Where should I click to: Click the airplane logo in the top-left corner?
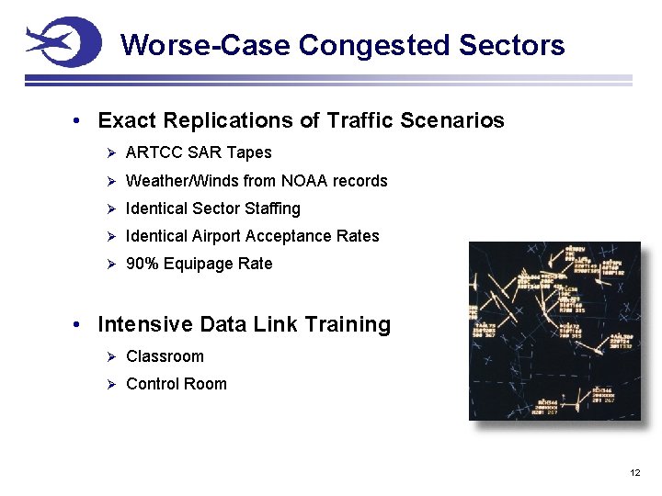tap(62, 42)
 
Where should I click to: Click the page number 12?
tap(634, 472)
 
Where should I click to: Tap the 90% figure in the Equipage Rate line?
tap(142, 264)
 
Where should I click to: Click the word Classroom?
tap(165, 356)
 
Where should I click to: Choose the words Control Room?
tap(176, 384)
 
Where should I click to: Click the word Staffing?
tap(268, 209)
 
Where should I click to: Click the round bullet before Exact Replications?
tap(80, 121)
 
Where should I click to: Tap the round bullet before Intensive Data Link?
tap(80, 325)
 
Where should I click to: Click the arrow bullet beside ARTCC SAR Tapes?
tap(109, 152)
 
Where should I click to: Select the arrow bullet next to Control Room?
tap(109, 384)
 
